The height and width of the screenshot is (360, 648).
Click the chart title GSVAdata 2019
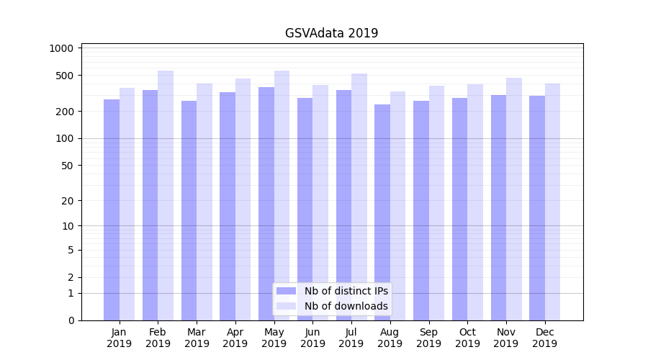[x=331, y=33]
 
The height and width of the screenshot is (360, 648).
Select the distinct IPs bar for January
[x=112, y=210]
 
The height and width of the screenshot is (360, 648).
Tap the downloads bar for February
[x=166, y=195]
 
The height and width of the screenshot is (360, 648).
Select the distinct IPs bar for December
[x=537, y=208]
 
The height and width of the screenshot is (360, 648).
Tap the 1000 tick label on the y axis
[x=62, y=48]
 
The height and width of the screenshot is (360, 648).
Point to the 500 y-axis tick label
[x=65, y=76]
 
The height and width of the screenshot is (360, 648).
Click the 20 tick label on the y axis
[x=68, y=201]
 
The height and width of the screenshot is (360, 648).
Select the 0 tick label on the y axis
[x=71, y=320]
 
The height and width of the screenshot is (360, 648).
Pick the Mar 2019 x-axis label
[x=197, y=338]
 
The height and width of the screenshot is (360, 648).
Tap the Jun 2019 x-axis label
[x=312, y=338]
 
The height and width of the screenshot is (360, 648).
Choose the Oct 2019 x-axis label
[x=467, y=338]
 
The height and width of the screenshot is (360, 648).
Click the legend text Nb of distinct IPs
[x=346, y=291]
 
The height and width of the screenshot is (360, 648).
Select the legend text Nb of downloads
[x=346, y=306]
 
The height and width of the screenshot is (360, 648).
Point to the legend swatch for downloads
[x=287, y=306]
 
